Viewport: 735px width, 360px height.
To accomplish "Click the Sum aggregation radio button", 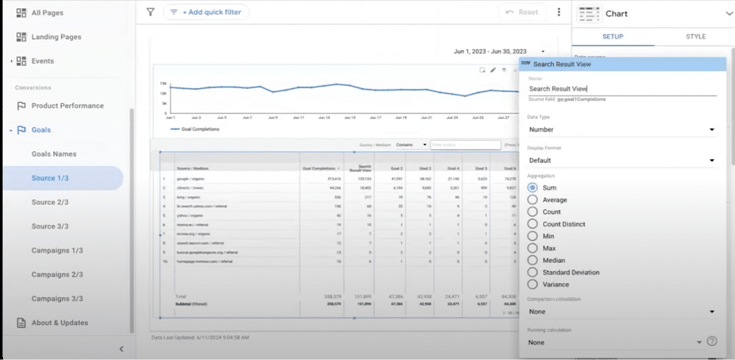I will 533,188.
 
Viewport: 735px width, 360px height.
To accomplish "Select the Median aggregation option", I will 533,260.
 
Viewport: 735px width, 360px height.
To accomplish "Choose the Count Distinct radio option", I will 533,224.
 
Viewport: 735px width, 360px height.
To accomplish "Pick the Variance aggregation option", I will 533,284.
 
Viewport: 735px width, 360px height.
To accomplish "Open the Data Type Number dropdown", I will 621,130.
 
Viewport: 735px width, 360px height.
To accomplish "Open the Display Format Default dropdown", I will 621,160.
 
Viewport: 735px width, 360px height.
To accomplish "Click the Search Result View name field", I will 621,89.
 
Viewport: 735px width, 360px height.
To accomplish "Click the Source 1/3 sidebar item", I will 50,179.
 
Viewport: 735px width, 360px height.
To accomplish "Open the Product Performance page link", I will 67,106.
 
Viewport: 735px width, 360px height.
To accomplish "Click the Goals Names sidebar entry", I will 54,154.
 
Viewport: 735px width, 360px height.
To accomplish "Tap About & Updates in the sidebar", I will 59,323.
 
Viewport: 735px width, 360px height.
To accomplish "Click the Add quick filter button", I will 206,12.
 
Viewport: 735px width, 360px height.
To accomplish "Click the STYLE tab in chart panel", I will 695,37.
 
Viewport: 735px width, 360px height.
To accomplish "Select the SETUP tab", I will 612,37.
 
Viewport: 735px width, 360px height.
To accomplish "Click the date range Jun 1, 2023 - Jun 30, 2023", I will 491,51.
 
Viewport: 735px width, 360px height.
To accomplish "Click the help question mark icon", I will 711,342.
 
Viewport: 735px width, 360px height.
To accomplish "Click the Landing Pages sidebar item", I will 56,37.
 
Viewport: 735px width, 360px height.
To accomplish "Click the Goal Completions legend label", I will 199,129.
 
